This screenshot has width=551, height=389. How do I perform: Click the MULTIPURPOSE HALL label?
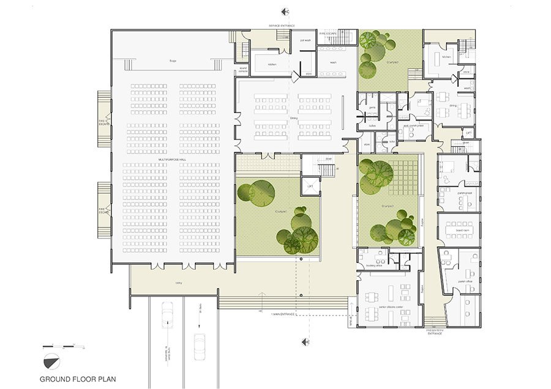[173, 160]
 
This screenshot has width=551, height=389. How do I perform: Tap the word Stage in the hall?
[173, 61]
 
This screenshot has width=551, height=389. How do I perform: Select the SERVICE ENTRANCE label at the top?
[282, 25]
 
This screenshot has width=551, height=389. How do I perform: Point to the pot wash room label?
[305, 40]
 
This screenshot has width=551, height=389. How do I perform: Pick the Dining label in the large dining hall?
[294, 118]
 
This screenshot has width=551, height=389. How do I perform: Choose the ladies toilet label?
[372, 125]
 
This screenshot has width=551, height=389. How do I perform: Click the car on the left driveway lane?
[167, 316]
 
